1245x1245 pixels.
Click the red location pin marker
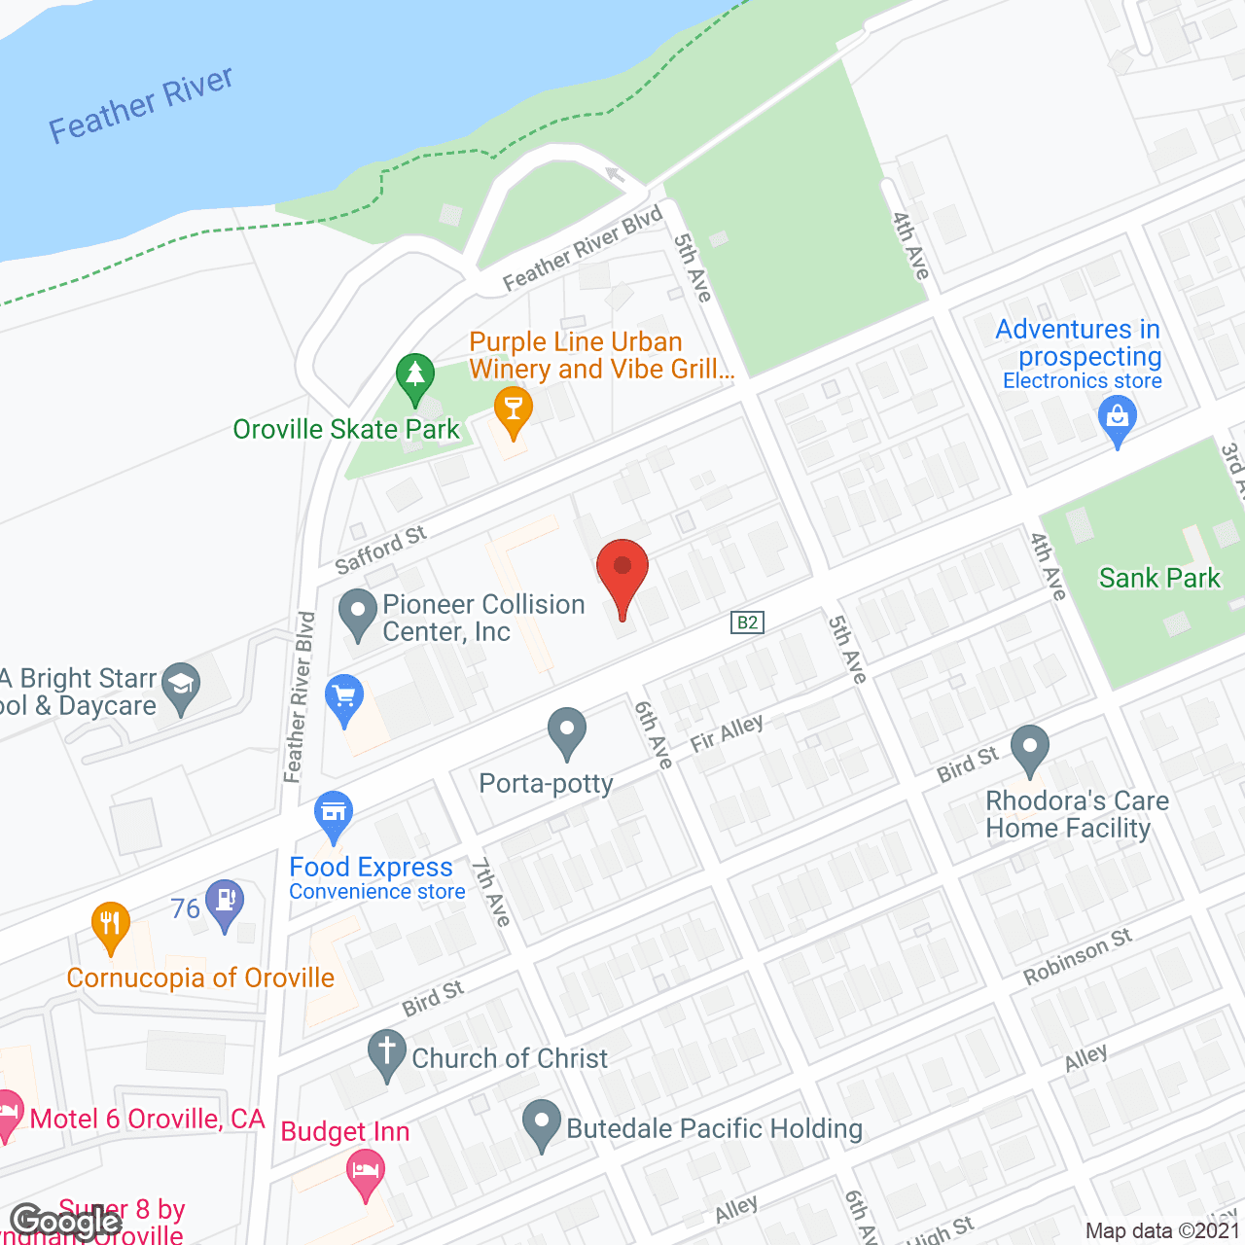coord(622,574)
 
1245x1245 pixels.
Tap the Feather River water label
coord(141,105)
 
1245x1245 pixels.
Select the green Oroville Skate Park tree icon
coord(415,375)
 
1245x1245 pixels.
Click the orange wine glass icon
coord(513,410)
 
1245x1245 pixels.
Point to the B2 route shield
coord(747,622)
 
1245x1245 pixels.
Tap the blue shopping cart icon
coord(344,697)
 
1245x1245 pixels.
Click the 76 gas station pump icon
coord(226,901)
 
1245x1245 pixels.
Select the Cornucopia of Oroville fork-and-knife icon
coord(111,925)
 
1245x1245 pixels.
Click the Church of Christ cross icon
coord(386,1052)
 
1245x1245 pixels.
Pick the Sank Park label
coord(1158,579)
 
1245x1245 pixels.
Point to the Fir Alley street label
coord(727,733)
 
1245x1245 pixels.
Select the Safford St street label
coord(380,551)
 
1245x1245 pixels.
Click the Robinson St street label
coord(1078,957)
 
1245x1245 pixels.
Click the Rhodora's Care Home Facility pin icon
coord(1030,748)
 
